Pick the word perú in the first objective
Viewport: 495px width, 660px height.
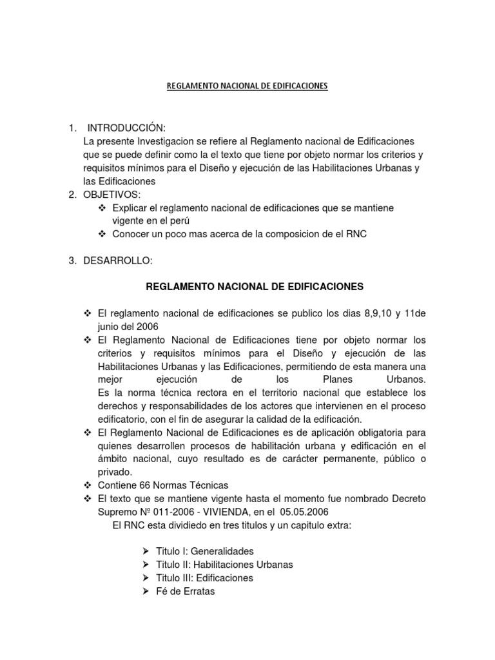pyautogui.click(x=182, y=221)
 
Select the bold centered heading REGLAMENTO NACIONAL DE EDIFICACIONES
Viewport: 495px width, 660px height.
pyautogui.click(x=255, y=286)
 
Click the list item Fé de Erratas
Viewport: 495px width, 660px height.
pyautogui.click(x=186, y=591)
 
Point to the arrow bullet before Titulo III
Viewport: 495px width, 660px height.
pyautogui.click(x=144, y=578)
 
